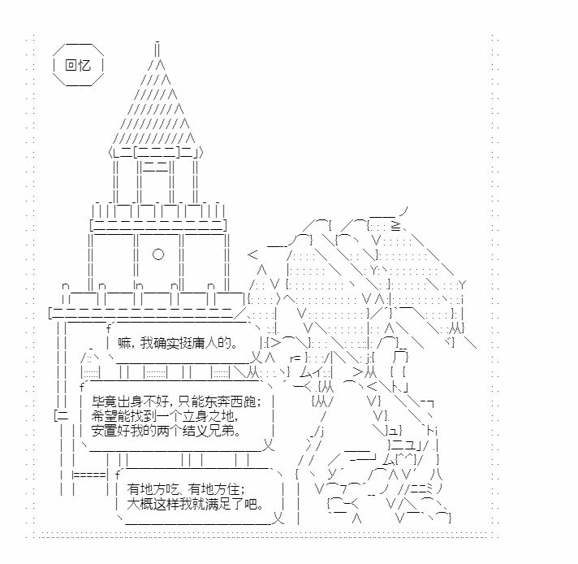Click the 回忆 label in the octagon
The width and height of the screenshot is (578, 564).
click(78, 65)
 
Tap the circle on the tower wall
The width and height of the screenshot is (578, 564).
click(158, 254)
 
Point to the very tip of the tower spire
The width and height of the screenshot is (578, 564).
click(157, 42)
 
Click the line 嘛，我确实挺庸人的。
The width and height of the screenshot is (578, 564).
click(179, 344)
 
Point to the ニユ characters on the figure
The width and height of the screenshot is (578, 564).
click(403, 444)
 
